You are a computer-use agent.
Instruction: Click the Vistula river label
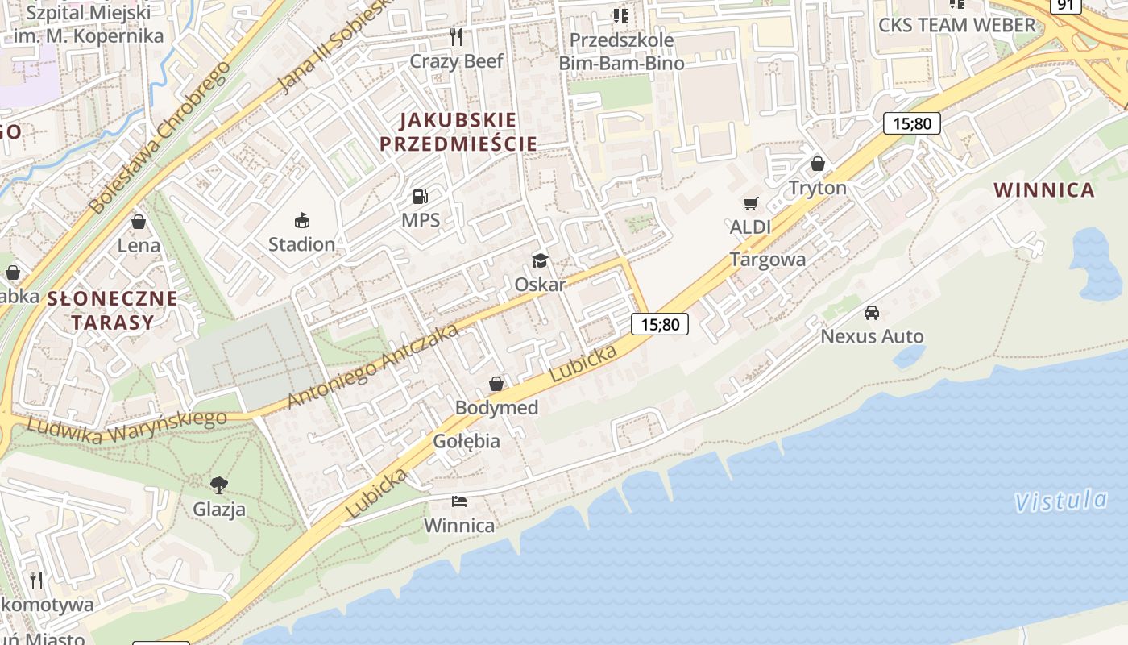(1060, 501)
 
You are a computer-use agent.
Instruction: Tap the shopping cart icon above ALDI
(751, 204)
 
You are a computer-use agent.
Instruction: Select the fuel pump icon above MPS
(420, 196)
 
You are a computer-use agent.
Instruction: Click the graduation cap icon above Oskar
(540, 260)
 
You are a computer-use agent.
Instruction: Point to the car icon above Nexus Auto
(872, 313)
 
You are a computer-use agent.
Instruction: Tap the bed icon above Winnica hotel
(459, 501)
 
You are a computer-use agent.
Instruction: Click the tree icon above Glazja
(218, 485)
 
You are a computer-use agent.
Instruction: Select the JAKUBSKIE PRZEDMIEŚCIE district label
(458, 132)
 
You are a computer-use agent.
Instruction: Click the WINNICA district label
(1043, 190)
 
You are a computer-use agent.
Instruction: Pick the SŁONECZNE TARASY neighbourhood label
(112, 310)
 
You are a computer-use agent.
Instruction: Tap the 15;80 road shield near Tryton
(912, 123)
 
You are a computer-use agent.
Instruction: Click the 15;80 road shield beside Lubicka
(660, 325)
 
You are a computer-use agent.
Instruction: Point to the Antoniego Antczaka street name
(372, 365)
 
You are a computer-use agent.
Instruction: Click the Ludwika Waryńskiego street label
(126, 427)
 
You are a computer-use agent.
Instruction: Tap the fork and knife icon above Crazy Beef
(456, 36)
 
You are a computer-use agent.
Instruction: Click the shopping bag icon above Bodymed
(496, 384)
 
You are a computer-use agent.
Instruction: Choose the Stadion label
(301, 243)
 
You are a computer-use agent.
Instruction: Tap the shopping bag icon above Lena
(139, 222)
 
